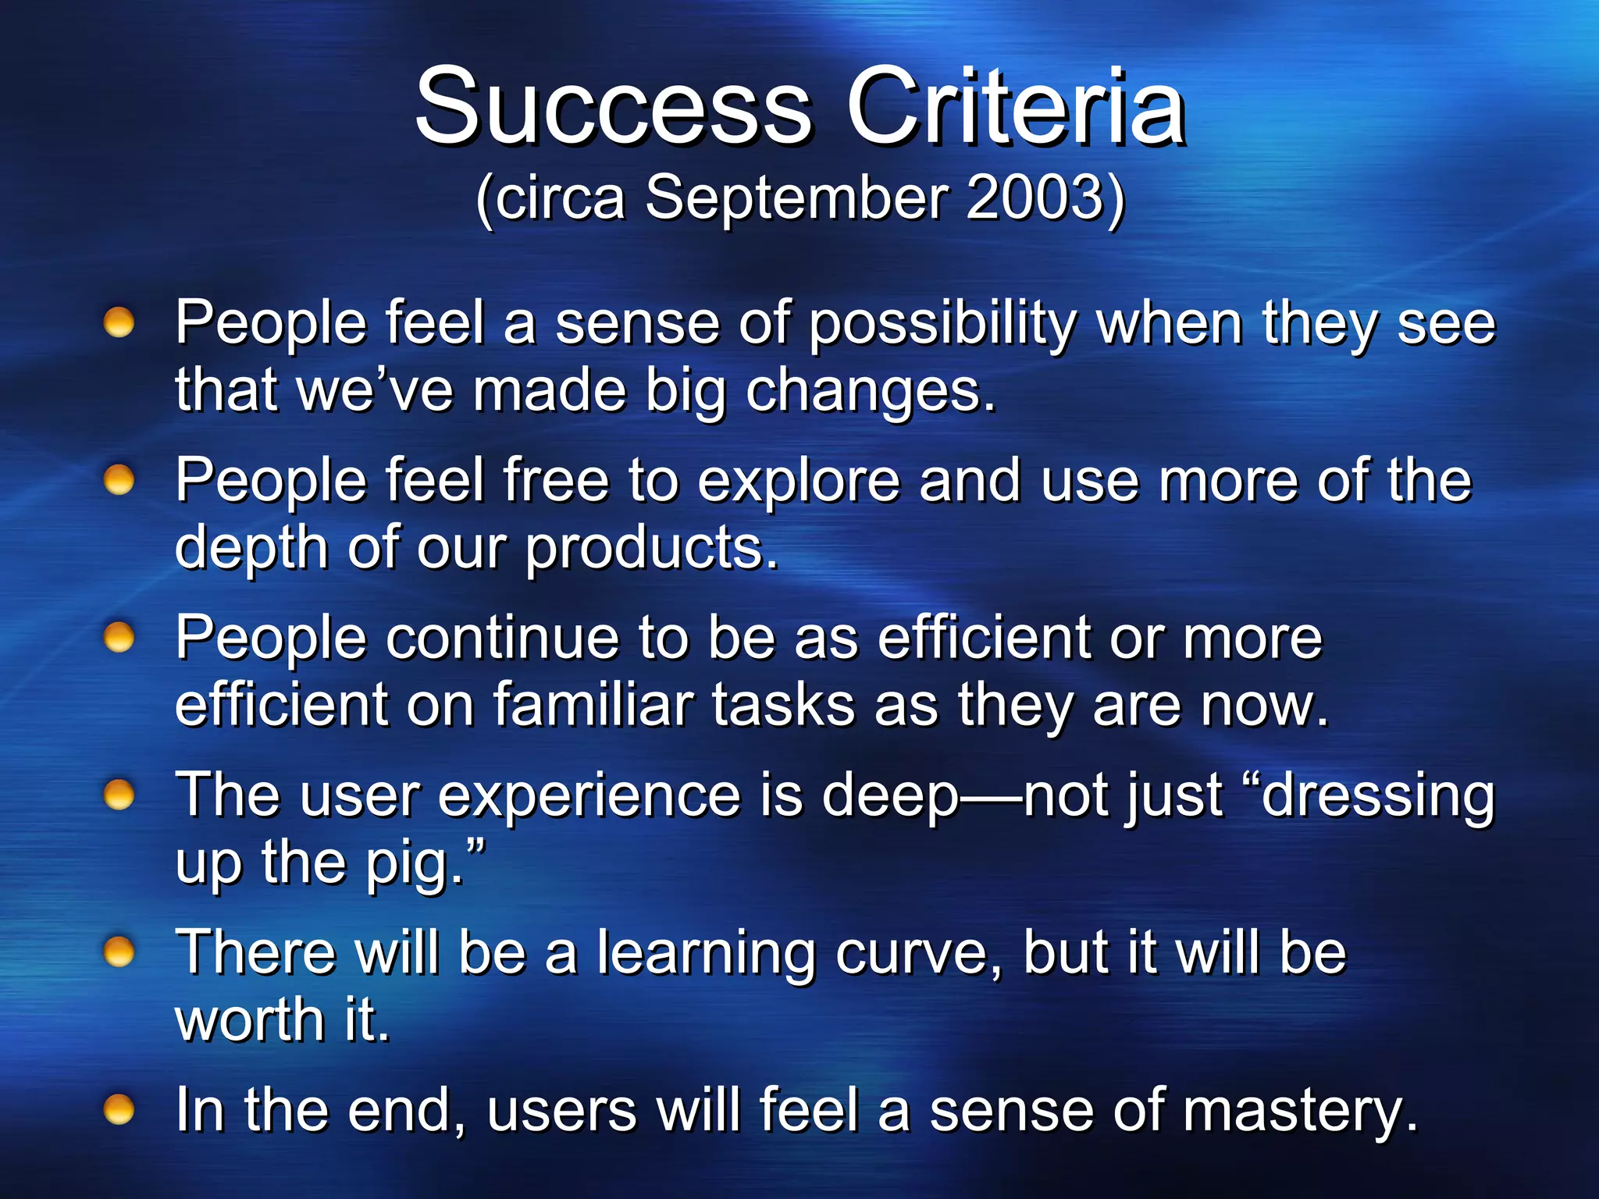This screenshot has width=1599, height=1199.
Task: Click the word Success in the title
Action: [613, 107]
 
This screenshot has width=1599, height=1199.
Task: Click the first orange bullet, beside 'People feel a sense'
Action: [119, 322]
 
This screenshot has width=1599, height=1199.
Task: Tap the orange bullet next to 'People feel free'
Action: [119, 480]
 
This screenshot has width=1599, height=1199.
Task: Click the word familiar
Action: [592, 706]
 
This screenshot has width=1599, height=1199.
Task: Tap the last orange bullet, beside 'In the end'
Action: [119, 1108]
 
